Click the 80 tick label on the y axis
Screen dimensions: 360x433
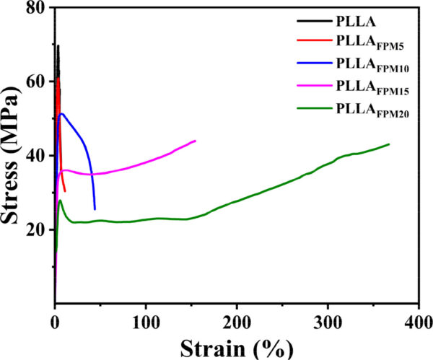(x=38, y=9)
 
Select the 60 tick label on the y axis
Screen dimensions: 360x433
(x=38, y=82)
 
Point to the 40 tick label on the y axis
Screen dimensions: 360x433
(x=38, y=156)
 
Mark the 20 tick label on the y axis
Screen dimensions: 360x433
(x=38, y=229)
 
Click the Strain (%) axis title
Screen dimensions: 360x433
(x=237, y=346)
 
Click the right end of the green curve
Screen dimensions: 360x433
(x=389, y=144)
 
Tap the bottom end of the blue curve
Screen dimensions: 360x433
(x=95, y=209)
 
